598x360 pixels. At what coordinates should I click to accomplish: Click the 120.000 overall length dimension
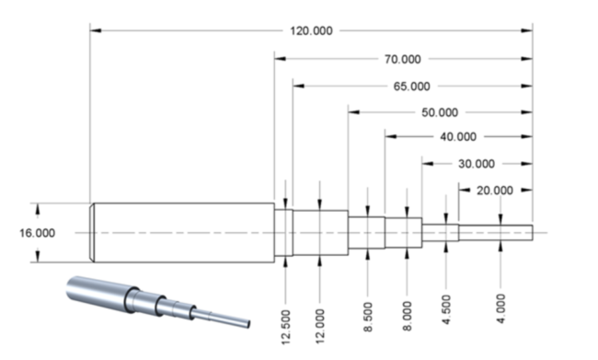coord(311,31)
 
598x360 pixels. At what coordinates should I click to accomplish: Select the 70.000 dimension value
coord(403,59)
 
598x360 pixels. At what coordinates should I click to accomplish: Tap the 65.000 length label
coord(411,87)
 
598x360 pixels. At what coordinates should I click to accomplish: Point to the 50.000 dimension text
coord(440,112)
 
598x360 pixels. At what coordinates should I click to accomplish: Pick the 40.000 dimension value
coord(458,136)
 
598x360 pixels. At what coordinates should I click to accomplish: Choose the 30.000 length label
coord(477,164)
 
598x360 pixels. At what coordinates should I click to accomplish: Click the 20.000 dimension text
coord(495,190)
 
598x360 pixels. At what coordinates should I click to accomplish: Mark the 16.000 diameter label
coord(37,233)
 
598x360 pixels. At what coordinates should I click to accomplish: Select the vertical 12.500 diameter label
coord(286,327)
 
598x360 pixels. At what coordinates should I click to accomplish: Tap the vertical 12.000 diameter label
coord(320,327)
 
